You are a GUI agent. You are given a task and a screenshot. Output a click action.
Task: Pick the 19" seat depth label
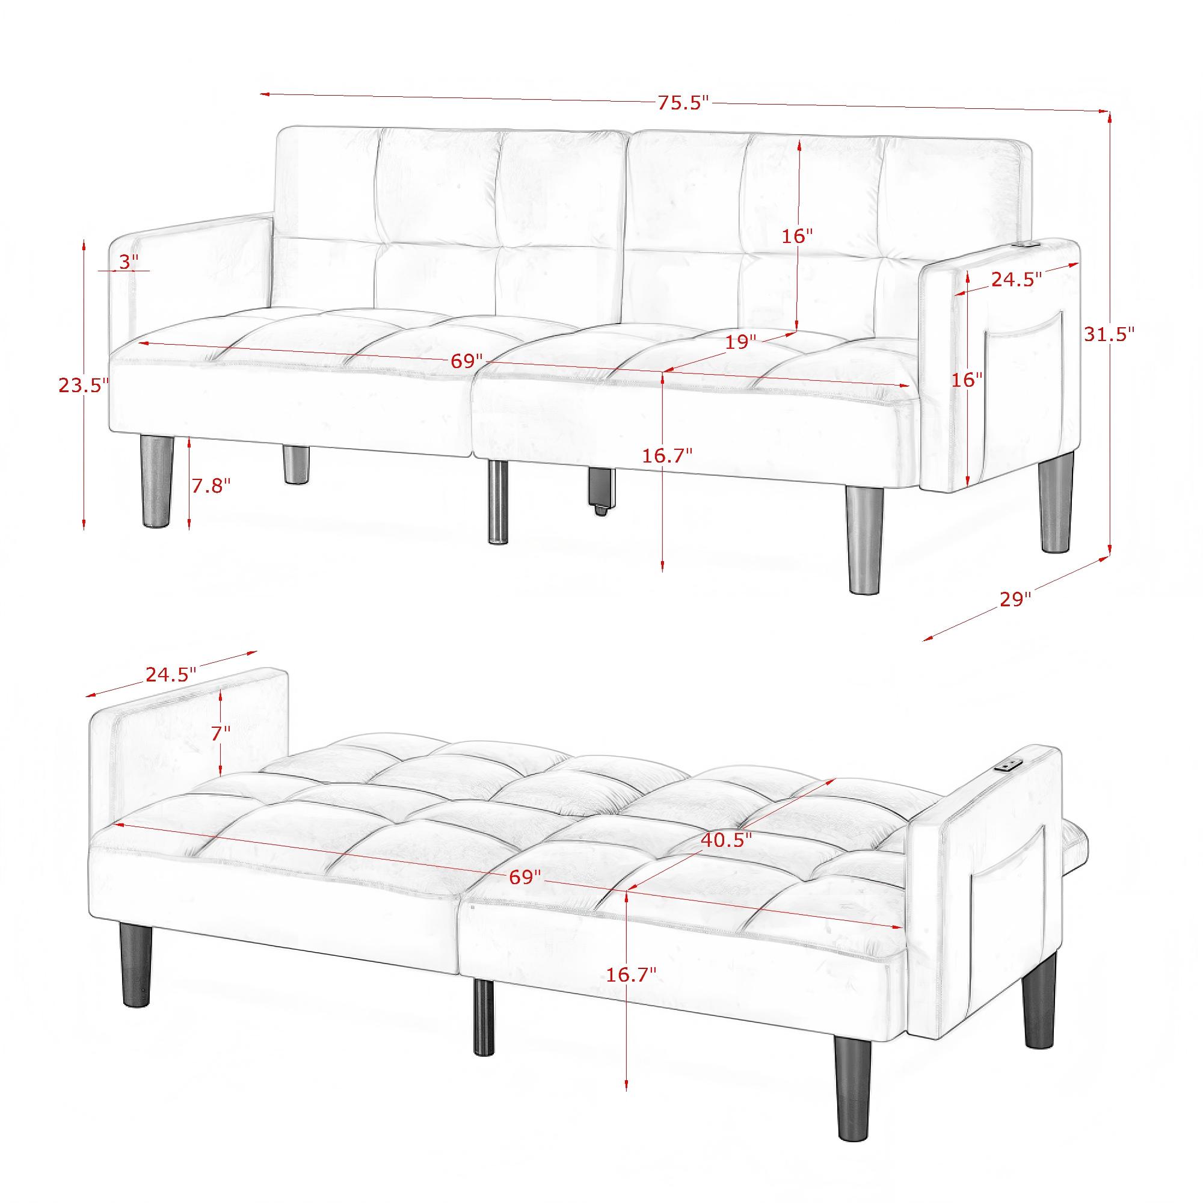[741, 342]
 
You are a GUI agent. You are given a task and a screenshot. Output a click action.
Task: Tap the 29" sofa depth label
[1016, 600]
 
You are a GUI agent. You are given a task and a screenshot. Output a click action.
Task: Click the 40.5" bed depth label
[727, 838]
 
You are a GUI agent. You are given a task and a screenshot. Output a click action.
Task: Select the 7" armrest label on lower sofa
[220, 733]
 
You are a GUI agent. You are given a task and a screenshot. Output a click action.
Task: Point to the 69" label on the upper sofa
[467, 361]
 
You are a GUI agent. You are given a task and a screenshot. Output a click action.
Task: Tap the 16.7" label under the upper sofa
[668, 456]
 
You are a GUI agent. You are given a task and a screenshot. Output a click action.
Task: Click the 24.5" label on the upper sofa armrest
[1017, 280]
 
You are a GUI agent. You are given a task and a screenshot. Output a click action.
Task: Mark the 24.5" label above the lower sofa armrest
[171, 674]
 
